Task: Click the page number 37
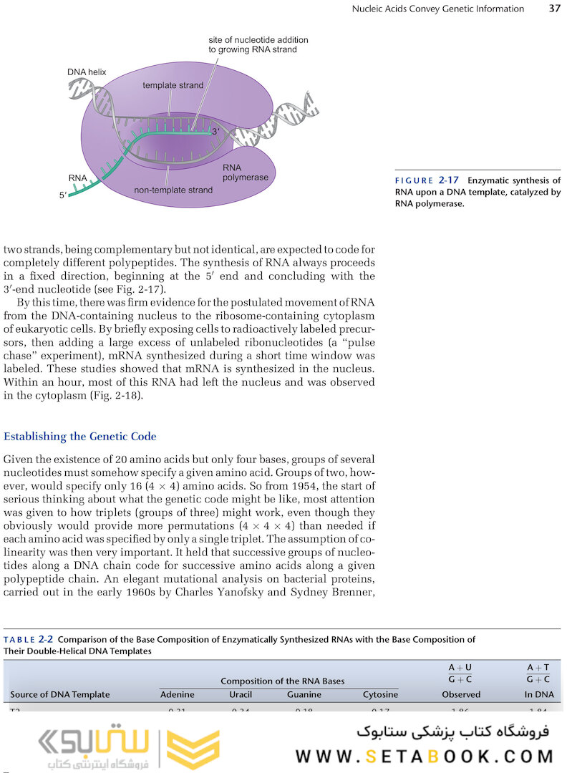[x=554, y=9]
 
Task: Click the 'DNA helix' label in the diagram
[x=87, y=72]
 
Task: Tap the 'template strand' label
[x=173, y=85]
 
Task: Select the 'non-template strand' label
[x=173, y=190]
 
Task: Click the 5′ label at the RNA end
[x=64, y=195]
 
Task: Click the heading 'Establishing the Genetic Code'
[x=80, y=437]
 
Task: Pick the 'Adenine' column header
[x=177, y=694]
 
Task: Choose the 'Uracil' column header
[x=241, y=694]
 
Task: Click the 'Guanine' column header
[x=304, y=694]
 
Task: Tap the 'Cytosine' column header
[x=380, y=694]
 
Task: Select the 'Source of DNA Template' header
[x=60, y=694]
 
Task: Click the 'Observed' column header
[x=460, y=694]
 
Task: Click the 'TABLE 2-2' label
[x=29, y=639]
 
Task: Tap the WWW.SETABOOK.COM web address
[x=425, y=757]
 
